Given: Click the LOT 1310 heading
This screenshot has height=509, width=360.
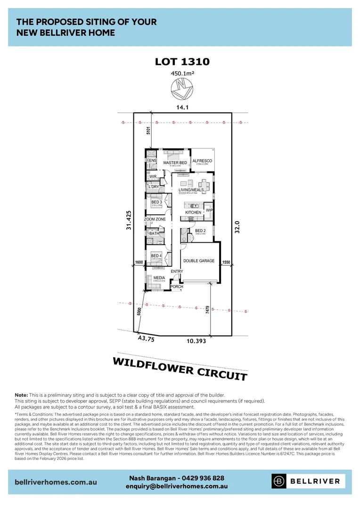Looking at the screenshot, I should click(x=182, y=62).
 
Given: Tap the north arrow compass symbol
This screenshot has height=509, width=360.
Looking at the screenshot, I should click(x=182, y=88).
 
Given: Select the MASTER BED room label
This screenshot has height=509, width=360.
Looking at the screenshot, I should click(x=175, y=163).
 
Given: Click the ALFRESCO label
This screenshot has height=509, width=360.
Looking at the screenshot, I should click(x=202, y=161).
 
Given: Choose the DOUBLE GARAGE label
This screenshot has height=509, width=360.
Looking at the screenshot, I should click(x=199, y=261).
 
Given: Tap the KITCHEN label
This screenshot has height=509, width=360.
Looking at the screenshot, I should click(x=193, y=213).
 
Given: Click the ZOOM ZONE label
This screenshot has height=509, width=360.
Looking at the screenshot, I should click(x=155, y=220).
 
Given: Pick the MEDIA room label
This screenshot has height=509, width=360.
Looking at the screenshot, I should click(x=159, y=278).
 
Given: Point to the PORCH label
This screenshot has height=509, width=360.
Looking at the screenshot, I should click(x=176, y=287).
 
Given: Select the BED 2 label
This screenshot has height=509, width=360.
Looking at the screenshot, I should click(x=201, y=230).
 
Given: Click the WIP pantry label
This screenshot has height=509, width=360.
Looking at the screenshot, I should click(x=210, y=210).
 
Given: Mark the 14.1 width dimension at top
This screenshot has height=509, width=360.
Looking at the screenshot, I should click(x=182, y=108).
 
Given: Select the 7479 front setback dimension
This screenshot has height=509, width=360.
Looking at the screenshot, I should click(x=207, y=312).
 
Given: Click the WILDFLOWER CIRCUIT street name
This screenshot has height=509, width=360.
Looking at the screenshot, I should click(x=180, y=369).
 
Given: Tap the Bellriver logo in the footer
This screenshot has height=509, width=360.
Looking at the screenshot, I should click(x=308, y=481).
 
